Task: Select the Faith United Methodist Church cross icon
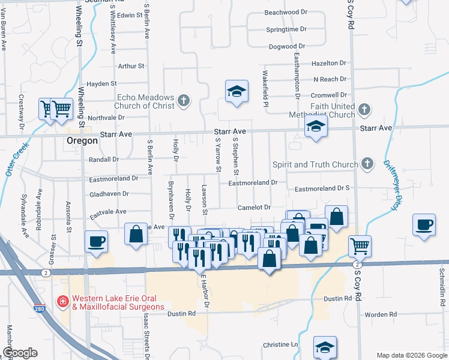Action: (364, 109)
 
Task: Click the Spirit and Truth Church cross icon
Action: (367, 163)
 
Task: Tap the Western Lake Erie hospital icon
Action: (62, 300)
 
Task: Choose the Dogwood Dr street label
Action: (288, 46)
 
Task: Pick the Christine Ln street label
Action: (280, 346)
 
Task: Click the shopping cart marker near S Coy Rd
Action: (360, 244)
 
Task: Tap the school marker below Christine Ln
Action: (325, 347)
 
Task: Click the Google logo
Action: (19, 353)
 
